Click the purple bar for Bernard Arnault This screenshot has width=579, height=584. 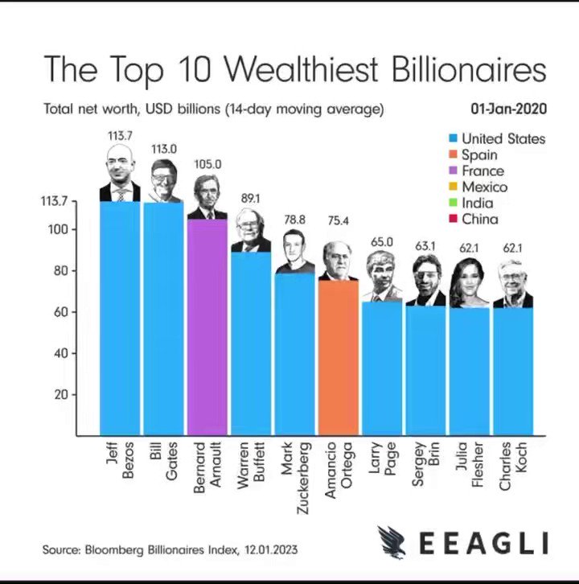[x=207, y=327]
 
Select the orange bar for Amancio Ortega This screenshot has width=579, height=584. [x=339, y=357]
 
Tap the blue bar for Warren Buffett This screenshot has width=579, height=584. [x=251, y=343]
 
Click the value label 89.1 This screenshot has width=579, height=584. [x=250, y=199]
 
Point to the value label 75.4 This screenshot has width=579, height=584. [x=338, y=221]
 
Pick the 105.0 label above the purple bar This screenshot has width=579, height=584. [x=207, y=164]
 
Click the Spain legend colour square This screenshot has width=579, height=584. [x=453, y=154]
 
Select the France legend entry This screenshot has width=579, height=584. [x=477, y=171]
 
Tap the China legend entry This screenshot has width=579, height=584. [x=474, y=219]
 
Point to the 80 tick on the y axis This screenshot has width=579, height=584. [x=61, y=271]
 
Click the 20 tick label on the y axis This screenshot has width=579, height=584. [x=61, y=394]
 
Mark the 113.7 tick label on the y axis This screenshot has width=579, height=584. [x=54, y=201]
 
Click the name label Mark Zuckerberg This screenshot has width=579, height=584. [x=295, y=478]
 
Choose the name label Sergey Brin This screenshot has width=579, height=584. [x=425, y=464]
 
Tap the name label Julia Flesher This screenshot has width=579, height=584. [x=470, y=464]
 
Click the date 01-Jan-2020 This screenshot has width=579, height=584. [x=508, y=109]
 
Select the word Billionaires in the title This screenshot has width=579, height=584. [x=469, y=69]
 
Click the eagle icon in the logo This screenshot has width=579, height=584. [x=392, y=542]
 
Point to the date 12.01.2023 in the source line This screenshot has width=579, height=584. [x=271, y=549]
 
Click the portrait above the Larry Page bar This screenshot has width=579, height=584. [x=382, y=276]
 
